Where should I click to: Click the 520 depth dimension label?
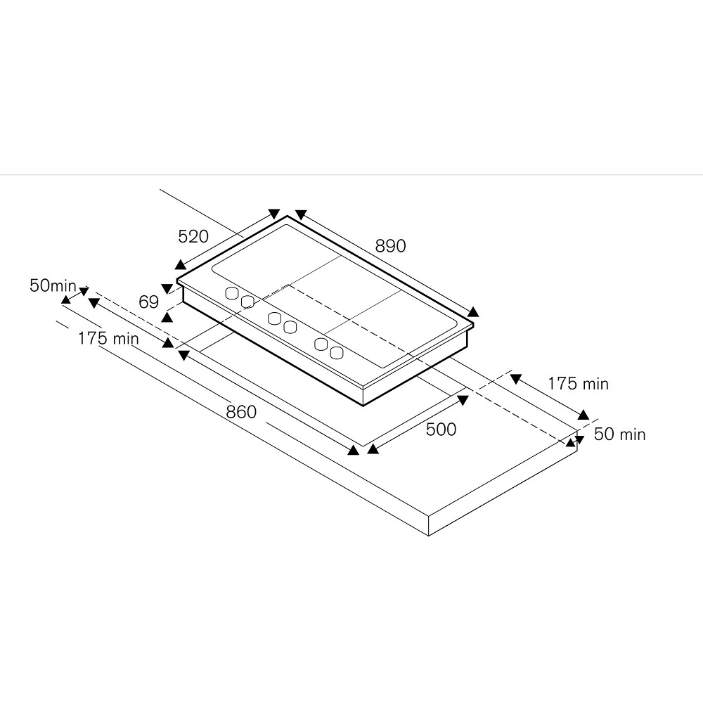coord(193,236)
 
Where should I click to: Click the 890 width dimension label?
coord(390,245)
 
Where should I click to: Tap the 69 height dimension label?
coord(149,302)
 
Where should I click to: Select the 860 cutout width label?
coord(241,411)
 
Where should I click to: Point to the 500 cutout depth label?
coord(441,429)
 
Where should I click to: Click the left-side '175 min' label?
coord(108,338)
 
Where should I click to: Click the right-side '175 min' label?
coord(579,384)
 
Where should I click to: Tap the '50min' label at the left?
coord(53,285)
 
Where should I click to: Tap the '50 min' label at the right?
coord(619,434)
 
